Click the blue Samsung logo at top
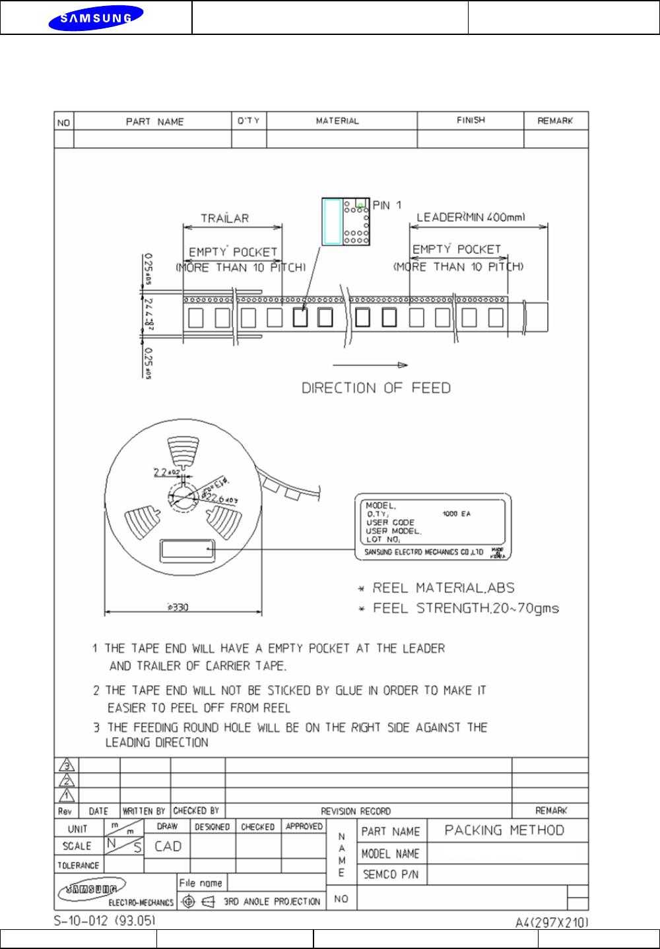pos(96,18)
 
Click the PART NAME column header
pos(154,121)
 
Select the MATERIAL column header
pos(337,121)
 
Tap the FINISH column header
pos(471,120)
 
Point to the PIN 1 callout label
pos(387,205)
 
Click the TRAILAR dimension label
pos(225,218)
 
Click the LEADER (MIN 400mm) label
pos(471,217)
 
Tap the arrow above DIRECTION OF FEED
pos(370,365)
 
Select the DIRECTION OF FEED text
pos(376,388)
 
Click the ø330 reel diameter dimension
pos(178,607)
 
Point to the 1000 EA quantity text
pos(457,514)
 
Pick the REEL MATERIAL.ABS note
pos(444,588)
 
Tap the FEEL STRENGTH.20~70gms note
pos(466,608)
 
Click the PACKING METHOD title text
pos(504,830)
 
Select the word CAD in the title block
pos(168,846)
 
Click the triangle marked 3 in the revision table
pos(67,765)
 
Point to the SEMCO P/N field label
pos(391,874)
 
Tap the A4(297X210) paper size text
pos(552,922)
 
